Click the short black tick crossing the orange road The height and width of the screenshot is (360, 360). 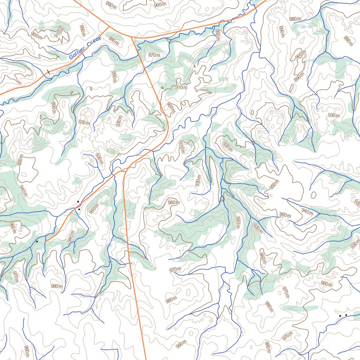click(x=47, y=72)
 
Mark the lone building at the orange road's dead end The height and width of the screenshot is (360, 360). click(x=37, y=241)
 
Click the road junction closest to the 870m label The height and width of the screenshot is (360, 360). click(x=133, y=38)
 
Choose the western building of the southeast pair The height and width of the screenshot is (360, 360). click(x=340, y=316)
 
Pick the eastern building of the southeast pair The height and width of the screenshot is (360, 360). click(x=346, y=315)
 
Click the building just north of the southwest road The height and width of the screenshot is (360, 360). click(x=78, y=202)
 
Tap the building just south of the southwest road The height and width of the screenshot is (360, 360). click(x=79, y=209)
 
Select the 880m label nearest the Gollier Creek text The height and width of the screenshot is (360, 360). click(x=113, y=41)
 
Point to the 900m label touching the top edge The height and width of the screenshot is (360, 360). click(x=160, y=4)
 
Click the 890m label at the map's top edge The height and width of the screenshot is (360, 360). click(x=111, y=5)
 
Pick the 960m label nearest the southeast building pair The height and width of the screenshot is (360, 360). click(x=326, y=284)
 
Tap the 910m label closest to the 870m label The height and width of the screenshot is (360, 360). click(x=181, y=87)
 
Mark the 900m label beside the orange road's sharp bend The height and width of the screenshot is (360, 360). click(x=172, y=108)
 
